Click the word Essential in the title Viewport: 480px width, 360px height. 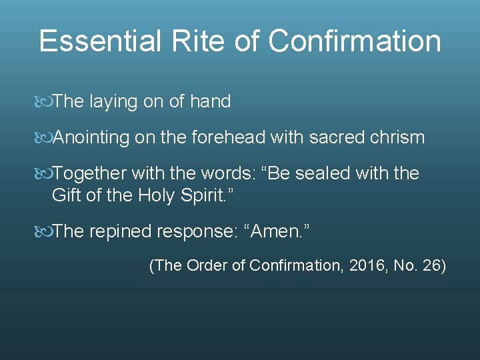point(99,41)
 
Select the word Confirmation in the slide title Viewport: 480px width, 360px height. point(355,41)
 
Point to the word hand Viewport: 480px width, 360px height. point(210,102)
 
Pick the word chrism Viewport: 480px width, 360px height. point(397,138)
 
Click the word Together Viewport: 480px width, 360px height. point(89,174)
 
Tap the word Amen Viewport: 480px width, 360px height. point(279,231)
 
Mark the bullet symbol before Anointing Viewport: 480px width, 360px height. point(44,138)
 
